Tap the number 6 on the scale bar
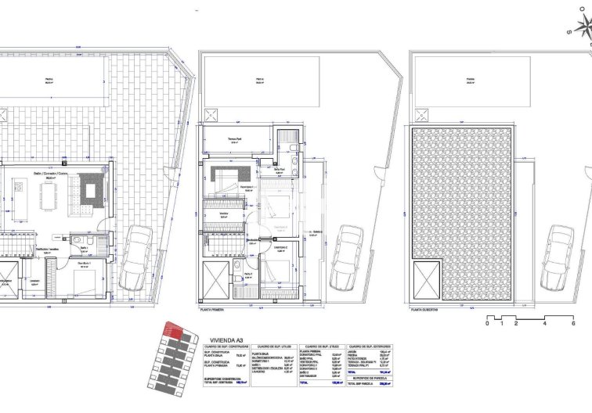pyautogui.click(x=573, y=323)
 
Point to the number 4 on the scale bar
pyautogui.click(x=544, y=323)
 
